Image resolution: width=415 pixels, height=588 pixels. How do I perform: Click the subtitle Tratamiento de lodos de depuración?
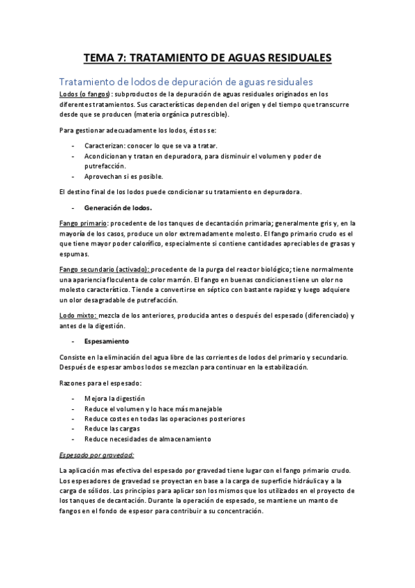point(186,82)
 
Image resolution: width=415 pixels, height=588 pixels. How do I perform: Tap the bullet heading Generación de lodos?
point(118,207)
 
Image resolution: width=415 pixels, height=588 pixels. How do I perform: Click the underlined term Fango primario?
point(83,223)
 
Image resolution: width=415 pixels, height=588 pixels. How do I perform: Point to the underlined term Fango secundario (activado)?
point(104,269)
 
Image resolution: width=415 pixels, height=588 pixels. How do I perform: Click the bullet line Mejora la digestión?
point(114,399)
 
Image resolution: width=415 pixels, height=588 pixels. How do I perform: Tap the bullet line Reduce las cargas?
point(112,429)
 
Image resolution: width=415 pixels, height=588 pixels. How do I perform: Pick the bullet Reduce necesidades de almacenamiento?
point(148,439)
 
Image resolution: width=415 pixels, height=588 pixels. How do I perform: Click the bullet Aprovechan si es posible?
point(128,176)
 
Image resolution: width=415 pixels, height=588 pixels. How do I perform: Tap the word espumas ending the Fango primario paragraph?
point(76,254)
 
